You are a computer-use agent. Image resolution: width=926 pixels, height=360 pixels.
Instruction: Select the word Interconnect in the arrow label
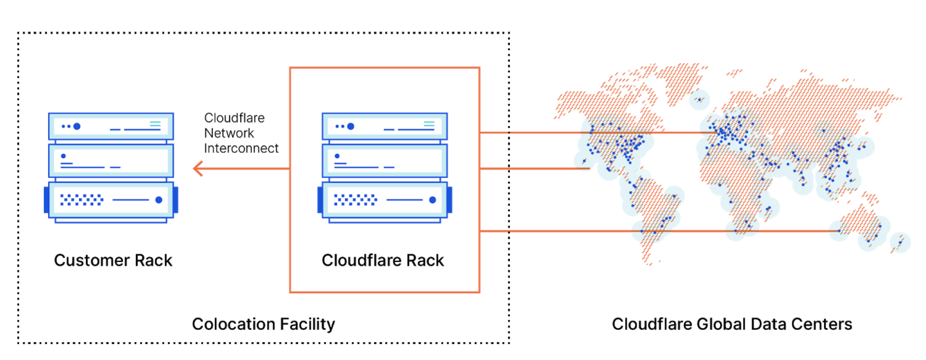click(241, 148)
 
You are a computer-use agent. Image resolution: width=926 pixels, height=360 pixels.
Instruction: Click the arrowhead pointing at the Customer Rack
click(198, 169)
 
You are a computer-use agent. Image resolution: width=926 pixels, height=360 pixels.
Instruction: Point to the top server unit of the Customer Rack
click(111, 127)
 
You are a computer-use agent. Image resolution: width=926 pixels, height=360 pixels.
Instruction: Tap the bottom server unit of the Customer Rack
click(111, 200)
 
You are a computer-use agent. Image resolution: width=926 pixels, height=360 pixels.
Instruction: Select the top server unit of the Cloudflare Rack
click(385, 127)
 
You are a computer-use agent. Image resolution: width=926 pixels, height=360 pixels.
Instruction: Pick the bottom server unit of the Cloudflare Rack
click(385, 200)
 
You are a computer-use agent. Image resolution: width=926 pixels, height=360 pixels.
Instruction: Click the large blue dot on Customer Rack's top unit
click(77, 126)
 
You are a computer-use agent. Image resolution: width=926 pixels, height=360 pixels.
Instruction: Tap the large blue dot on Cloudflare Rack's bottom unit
click(432, 200)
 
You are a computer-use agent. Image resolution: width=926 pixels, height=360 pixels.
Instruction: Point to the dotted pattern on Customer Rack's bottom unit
click(81, 200)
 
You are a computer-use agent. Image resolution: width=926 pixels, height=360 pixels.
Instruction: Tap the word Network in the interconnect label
click(229, 133)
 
